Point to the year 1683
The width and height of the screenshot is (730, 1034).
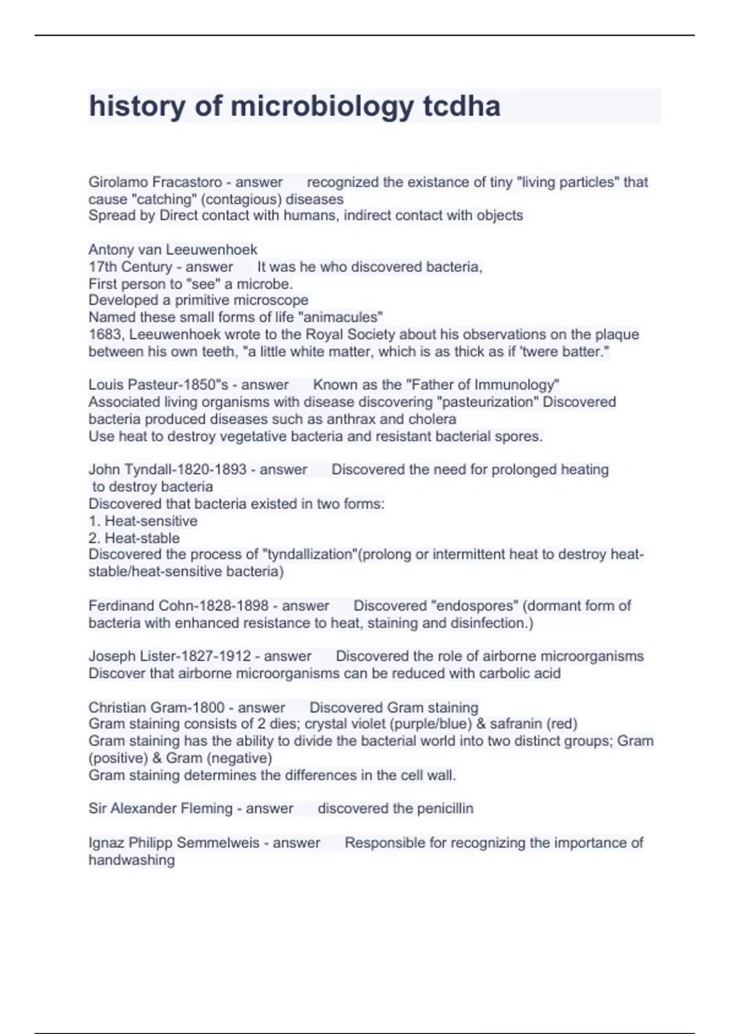coord(105,335)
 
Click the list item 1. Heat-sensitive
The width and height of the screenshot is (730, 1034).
coord(143,521)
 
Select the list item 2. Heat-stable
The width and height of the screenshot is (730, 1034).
coord(134,538)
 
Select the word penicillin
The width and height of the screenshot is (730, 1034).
coord(441,808)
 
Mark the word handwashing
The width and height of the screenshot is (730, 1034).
coord(131,860)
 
